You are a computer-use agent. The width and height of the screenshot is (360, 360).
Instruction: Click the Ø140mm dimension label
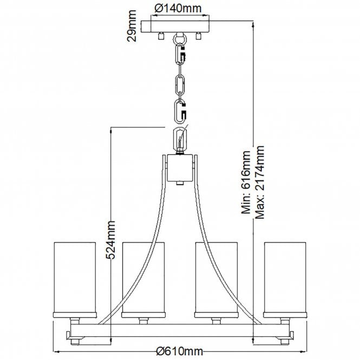[x=178, y=9]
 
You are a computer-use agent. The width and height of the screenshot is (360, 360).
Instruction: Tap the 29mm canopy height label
[x=132, y=26]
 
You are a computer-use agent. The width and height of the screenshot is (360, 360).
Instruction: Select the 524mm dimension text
[x=110, y=240]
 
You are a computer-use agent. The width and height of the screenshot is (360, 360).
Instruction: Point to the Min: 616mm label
[x=246, y=182]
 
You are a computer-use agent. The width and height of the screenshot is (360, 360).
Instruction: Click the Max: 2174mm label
[x=260, y=182]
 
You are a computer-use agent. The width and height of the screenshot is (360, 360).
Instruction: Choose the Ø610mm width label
[x=179, y=351]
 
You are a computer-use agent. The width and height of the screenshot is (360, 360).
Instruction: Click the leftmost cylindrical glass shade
[x=75, y=280]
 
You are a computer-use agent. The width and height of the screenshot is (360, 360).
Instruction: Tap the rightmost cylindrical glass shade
[x=285, y=280]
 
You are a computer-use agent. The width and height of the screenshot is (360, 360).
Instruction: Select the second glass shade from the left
[x=143, y=280]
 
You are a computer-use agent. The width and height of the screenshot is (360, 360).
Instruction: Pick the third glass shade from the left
[x=217, y=280]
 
